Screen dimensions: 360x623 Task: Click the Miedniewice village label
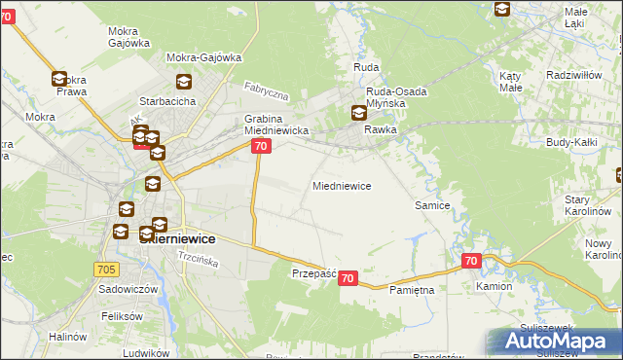(x=341, y=185)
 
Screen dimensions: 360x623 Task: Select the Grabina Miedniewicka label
(x=276, y=124)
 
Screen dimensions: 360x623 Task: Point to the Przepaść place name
(x=313, y=274)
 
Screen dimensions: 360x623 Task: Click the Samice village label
(x=431, y=205)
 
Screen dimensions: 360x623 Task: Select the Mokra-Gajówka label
(x=204, y=57)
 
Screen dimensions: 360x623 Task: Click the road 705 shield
(x=108, y=269)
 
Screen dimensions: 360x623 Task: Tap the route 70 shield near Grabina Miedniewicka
(x=260, y=146)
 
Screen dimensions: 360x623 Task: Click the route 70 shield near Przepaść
(x=348, y=278)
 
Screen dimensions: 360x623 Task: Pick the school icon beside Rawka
(x=359, y=113)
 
